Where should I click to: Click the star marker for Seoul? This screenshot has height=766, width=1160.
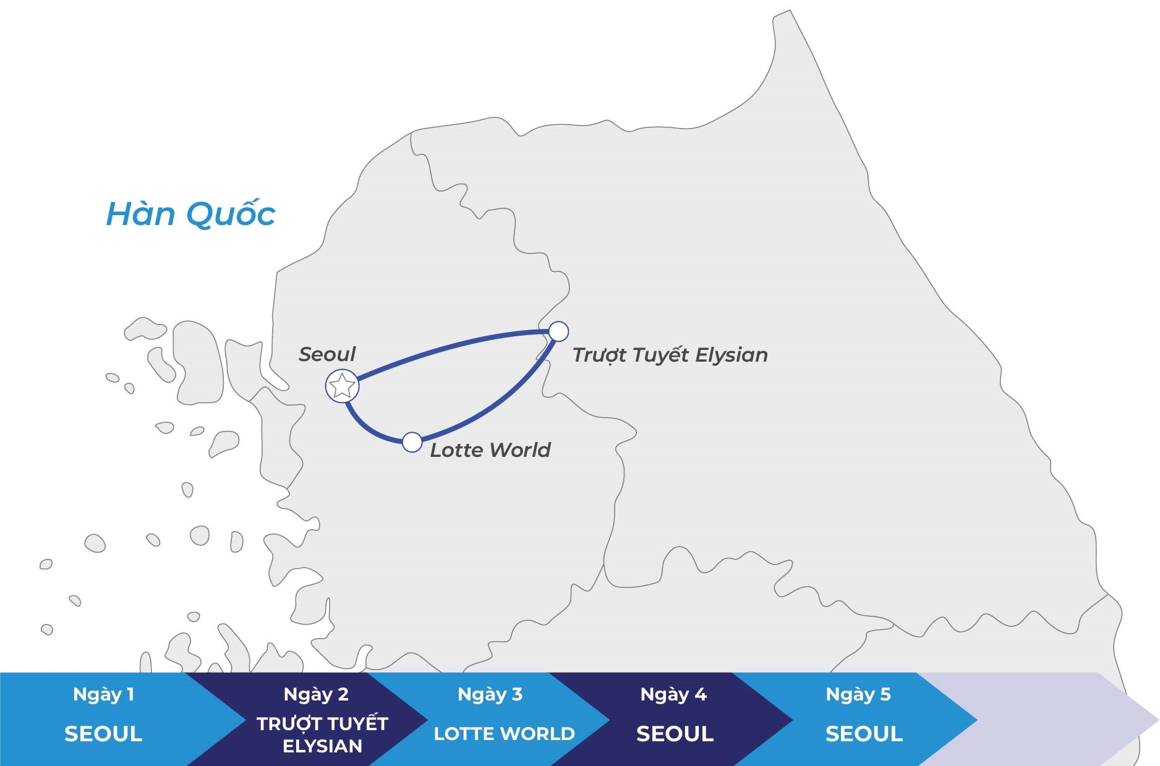tap(343, 386)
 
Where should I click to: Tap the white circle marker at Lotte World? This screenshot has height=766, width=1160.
tap(412, 442)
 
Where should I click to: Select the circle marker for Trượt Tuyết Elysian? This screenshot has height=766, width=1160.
tap(558, 331)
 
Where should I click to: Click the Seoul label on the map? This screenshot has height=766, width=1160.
tap(326, 354)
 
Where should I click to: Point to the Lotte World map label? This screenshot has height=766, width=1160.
tap(490, 450)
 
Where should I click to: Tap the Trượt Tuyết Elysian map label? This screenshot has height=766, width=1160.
tap(670, 354)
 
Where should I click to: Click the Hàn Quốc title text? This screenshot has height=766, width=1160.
tap(191, 214)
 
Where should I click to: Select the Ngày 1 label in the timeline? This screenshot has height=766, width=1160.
tap(103, 695)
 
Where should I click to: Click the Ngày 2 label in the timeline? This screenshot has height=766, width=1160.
tap(316, 695)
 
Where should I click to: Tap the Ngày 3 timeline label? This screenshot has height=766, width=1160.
tap(490, 695)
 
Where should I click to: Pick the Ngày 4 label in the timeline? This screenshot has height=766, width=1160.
tap(673, 695)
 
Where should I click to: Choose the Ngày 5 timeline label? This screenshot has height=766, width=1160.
tap(858, 695)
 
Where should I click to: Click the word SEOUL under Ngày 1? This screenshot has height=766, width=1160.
tap(103, 734)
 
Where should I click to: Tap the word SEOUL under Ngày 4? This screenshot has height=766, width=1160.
tap(675, 734)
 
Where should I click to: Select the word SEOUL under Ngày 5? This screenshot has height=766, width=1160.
tap(864, 734)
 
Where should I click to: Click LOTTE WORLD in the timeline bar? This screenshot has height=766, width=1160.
tap(505, 734)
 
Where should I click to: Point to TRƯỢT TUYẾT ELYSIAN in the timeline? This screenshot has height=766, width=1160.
tap(322, 734)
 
